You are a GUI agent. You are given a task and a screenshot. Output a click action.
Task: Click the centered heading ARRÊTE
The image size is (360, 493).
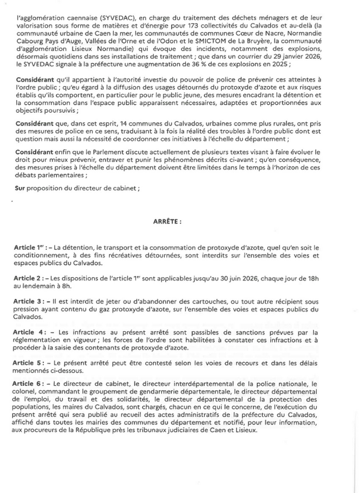(168, 221)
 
